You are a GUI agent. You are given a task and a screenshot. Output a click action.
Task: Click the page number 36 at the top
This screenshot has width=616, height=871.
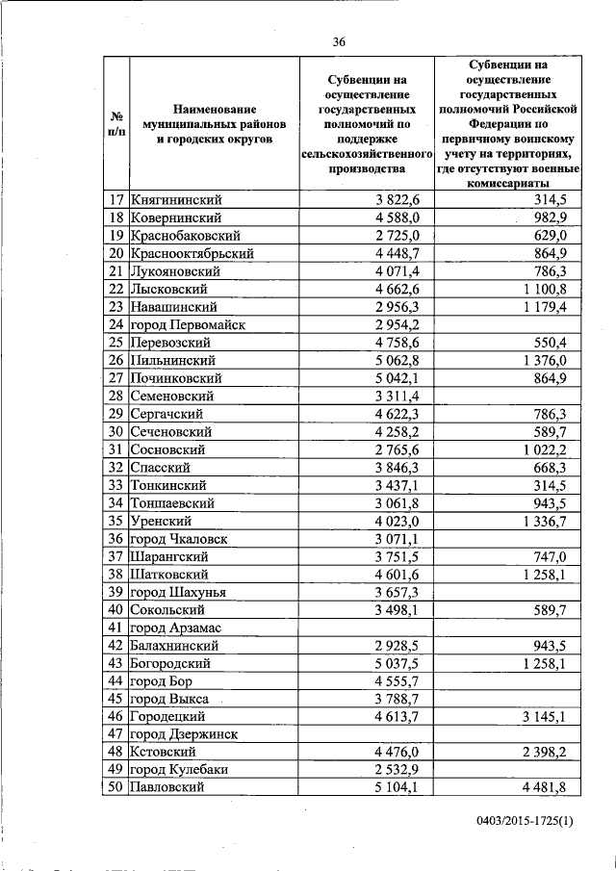tap(339, 41)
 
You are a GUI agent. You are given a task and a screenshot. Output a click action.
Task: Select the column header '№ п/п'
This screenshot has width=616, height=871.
tap(115, 122)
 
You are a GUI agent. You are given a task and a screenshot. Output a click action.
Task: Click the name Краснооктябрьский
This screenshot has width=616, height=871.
tap(192, 253)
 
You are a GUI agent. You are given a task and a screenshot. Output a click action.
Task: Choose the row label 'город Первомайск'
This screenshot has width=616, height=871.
tap(188, 324)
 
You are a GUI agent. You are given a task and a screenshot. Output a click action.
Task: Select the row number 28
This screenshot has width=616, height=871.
tap(115, 396)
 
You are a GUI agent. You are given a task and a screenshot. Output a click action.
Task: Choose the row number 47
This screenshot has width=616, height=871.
tap(115, 734)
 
